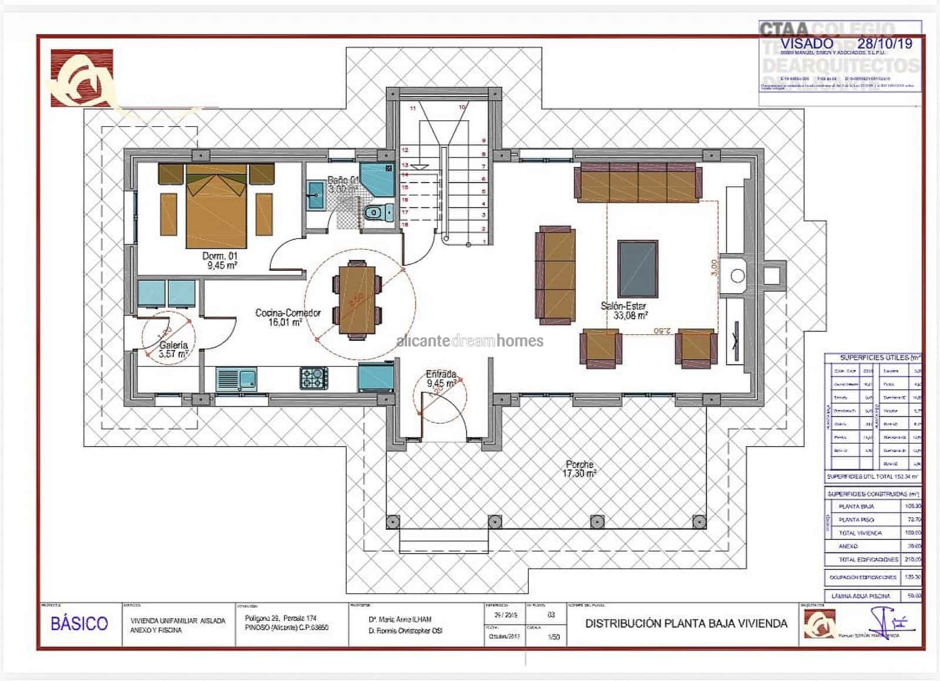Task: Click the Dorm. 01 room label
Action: coord(220,260)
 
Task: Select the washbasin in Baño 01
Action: coord(315,194)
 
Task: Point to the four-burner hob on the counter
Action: coord(314,377)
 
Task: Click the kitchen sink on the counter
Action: coord(236,379)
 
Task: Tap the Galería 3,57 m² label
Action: coord(173,350)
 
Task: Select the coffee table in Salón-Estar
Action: coord(637,269)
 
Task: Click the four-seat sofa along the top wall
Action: coord(639,183)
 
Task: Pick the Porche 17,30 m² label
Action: coord(580,468)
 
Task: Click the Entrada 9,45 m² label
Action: coord(441,378)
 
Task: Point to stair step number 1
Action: coord(484,241)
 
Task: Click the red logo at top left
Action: coord(81,78)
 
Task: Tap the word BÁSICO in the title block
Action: coord(79,623)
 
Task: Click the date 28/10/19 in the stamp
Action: coord(884,43)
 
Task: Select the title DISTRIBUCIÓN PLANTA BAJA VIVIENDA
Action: coord(686,623)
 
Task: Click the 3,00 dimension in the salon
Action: coord(714,267)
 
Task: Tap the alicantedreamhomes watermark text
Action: coord(470,341)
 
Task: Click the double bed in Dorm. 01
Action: coord(216,206)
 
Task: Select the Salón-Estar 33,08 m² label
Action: coord(624,310)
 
